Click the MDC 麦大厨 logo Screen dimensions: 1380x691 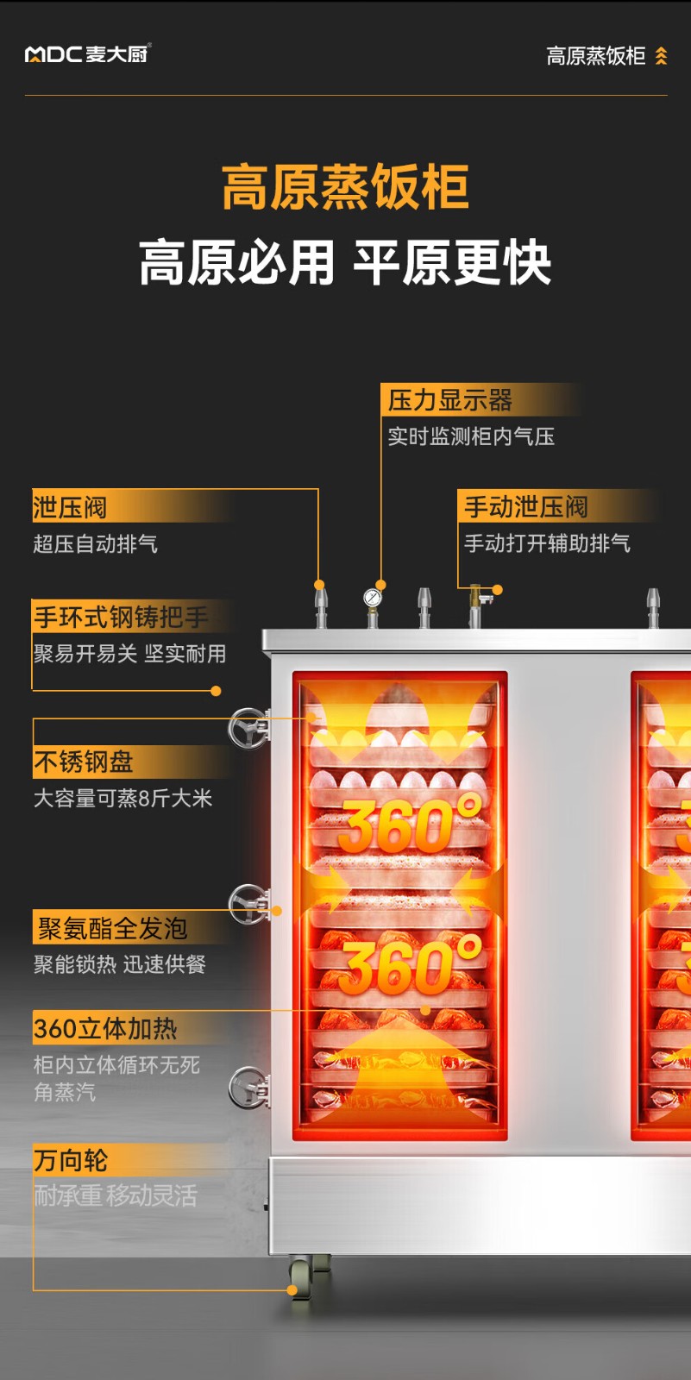click(x=87, y=54)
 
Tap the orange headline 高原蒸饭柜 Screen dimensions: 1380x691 click(x=345, y=187)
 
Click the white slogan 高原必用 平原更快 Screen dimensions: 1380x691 click(x=345, y=263)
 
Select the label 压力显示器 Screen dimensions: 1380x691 click(x=449, y=400)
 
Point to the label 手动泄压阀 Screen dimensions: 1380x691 click(x=525, y=506)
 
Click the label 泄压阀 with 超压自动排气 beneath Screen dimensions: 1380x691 click(x=70, y=507)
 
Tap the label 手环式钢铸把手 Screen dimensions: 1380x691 click(x=121, y=617)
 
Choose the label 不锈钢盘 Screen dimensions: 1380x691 click(x=84, y=762)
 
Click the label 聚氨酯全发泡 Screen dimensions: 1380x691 click(x=112, y=928)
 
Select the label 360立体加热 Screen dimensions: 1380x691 click(x=105, y=1028)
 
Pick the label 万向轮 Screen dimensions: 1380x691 click(x=71, y=1160)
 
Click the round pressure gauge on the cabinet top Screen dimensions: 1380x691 click(x=373, y=597)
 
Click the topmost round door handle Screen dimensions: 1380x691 click(x=248, y=729)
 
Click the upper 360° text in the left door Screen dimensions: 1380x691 click(x=410, y=825)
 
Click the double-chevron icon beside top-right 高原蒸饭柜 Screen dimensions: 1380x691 click(x=662, y=56)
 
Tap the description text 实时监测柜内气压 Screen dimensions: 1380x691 click(x=471, y=436)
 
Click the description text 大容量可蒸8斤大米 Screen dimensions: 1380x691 click(x=122, y=798)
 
